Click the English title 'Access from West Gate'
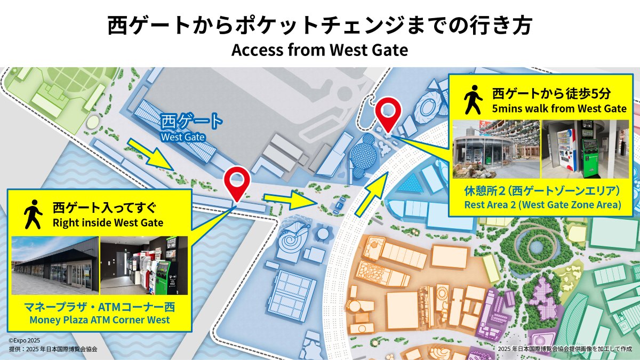(319, 50)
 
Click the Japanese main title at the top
(319, 25)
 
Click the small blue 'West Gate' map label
(183, 137)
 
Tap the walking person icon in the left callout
(33, 214)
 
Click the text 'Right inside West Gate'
(108, 222)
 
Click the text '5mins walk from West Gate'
(559, 109)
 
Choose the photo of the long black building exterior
(55, 265)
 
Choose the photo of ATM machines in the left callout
(144, 265)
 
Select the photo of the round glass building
(496, 149)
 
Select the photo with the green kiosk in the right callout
(585, 149)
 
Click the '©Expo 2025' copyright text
(25, 340)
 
